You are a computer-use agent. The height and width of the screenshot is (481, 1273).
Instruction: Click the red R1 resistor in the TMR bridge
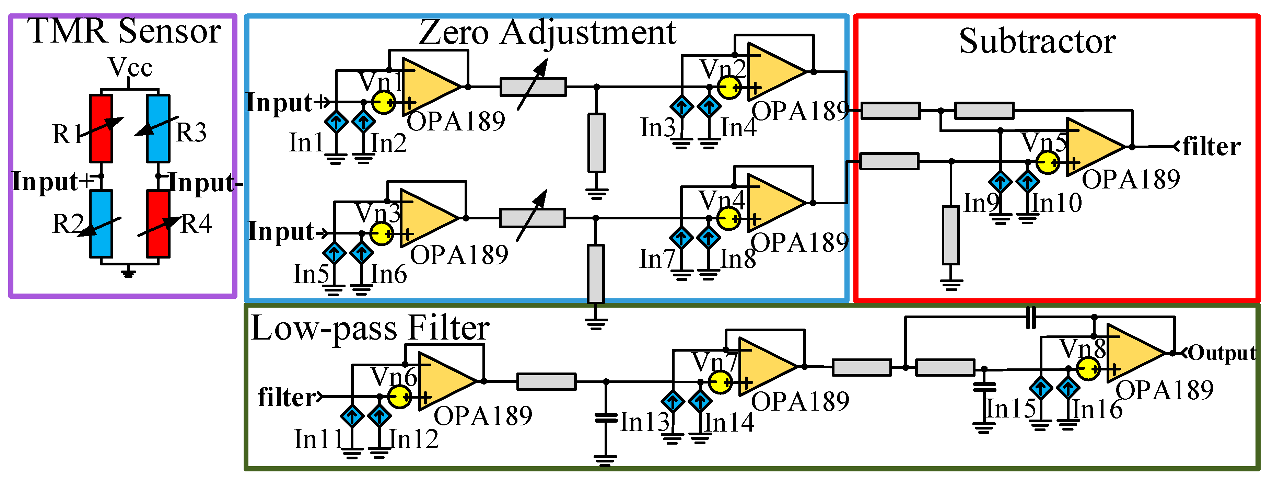click(101, 128)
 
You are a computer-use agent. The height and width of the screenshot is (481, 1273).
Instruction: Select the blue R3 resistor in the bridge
click(158, 128)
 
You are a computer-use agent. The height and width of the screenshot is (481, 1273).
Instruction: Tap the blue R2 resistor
click(101, 224)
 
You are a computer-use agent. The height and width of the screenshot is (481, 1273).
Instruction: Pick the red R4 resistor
click(158, 224)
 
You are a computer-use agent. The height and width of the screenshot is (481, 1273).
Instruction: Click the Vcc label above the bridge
click(130, 68)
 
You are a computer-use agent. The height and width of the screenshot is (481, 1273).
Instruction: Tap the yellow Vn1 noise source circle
click(384, 103)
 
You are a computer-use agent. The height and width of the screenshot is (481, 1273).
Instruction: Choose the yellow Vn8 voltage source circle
click(1088, 369)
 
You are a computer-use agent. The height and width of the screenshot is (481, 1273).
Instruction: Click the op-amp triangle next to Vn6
click(445, 381)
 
